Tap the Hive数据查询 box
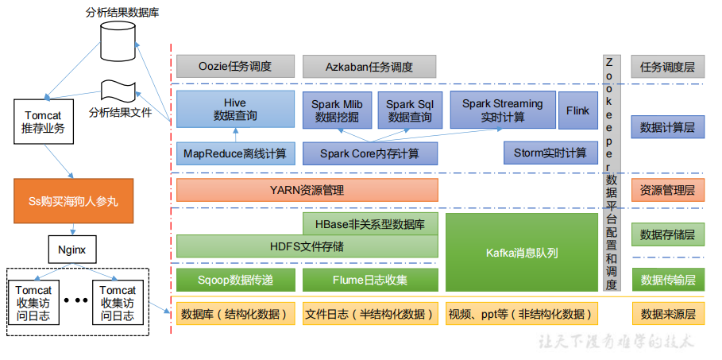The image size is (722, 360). tap(235, 109)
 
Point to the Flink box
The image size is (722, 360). tap(577, 110)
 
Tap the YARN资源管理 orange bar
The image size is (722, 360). tap(307, 190)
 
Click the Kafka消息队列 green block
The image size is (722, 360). tap(521, 253)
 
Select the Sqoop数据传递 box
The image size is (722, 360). tap(235, 280)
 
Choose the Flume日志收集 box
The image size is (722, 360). tap(370, 280)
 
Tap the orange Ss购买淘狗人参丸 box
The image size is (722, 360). tap(72, 202)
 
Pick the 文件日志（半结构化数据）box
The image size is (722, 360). tap(370, 314)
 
